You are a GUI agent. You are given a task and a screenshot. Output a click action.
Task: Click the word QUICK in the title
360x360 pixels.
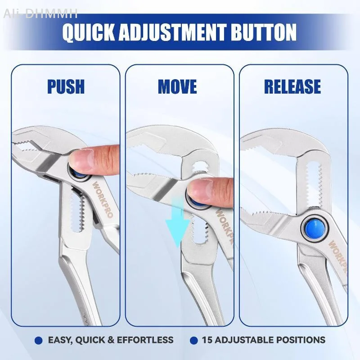(x=88, y=32)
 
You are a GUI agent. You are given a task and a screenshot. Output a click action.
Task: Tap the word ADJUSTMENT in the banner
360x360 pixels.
(x=172, y=32)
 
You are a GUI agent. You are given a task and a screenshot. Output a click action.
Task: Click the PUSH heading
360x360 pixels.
(x=66, y=86)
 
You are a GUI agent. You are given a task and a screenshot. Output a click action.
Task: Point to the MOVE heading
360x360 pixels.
(x=177, y=86)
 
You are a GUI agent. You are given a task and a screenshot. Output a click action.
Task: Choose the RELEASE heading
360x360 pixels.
(x=292, y=86)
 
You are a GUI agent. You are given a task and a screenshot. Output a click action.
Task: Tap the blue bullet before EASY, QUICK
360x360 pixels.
(x=38, y=340)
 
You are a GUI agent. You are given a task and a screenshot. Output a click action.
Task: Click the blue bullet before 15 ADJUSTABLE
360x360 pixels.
(x=194, y=340)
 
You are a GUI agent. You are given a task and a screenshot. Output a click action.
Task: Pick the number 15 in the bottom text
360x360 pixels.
(x=207, y=340)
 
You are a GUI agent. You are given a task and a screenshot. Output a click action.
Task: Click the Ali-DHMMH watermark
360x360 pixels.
(x=40, y=13)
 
